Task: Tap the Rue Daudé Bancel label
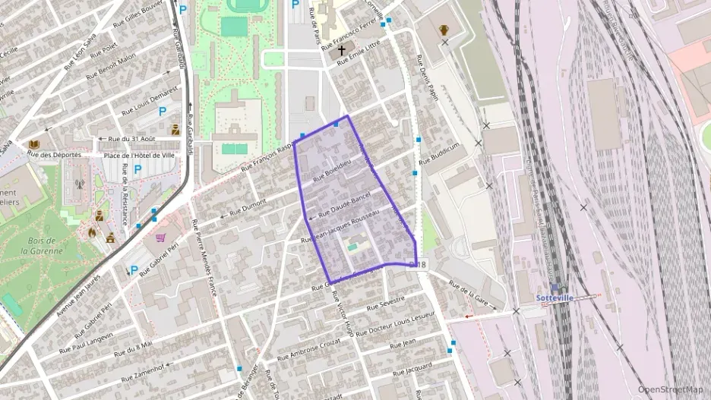[x=343, y=202]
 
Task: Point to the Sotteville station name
[x=553, y=297]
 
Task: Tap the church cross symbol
[x=342, y=50]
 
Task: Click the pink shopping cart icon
[x=160, y=238]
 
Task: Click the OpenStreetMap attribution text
[x=671, y=389]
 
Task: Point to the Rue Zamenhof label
[x=139, y=370]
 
